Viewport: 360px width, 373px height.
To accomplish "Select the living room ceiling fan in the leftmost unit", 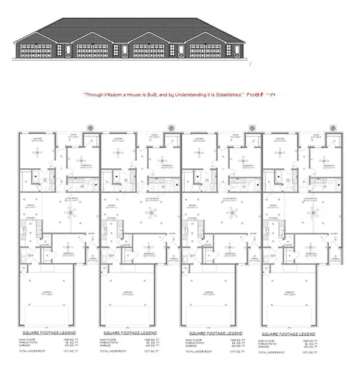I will [x=71, y=211].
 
